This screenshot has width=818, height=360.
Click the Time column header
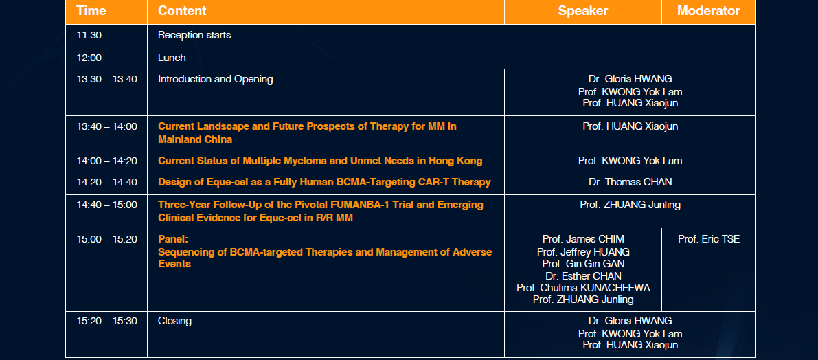pyautogui.click(x=91, y=10)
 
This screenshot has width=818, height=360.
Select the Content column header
pyautogui.click(x=182, y=10)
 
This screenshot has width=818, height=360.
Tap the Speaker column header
pyautogui.click(x=582, y=10)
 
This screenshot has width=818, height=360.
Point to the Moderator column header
pyautogui.click(x=708, y=10)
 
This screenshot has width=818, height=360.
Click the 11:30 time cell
pyautogui.click(x=89, y=36)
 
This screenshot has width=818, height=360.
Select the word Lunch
pyautogui.click(x=172, y=58)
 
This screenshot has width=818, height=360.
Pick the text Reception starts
pyautogui.click(x=194, y=36)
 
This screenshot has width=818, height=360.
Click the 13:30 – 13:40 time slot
pyautogui.click(x=107, y=79)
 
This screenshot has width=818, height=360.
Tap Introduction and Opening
pyautogui.click(x=216, y=79)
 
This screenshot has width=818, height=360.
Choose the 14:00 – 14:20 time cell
pyautogui.click(x=107, y=161)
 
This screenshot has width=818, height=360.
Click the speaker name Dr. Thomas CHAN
pyautogui.click(x=630, y=182)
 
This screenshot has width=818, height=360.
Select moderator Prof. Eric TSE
pyautogui.click(x=708, y=239)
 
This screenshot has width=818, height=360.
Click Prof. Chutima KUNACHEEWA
pyautogui.click(x=583, y=287)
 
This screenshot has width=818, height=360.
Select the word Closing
pyautogui.click(x=174, y=321)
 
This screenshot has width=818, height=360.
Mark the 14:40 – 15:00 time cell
pyautogui.click(x=107, y=205)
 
